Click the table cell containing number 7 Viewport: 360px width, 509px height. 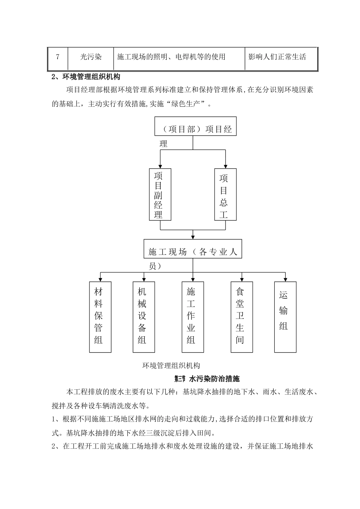point(58,57)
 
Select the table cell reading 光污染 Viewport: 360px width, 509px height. point(91,57)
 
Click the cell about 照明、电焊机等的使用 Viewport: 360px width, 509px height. point(179,57)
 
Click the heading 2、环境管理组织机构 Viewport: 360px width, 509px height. point(86,77)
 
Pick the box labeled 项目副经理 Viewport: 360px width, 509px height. point(160,195)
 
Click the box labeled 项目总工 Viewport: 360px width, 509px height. point(225,195)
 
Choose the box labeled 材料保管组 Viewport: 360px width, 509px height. point(100,317)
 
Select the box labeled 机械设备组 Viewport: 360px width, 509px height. point(144,317)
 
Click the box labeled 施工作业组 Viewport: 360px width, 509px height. point(193,317)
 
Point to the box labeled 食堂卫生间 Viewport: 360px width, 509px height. point(242,317)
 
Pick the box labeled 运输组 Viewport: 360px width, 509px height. point(285,317)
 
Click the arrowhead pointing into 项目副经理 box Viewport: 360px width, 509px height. point(160,166)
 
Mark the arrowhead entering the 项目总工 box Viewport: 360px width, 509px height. point(225,166)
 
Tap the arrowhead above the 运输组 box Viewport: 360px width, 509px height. point(285,279)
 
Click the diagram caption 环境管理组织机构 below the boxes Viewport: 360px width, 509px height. point(171,365)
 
